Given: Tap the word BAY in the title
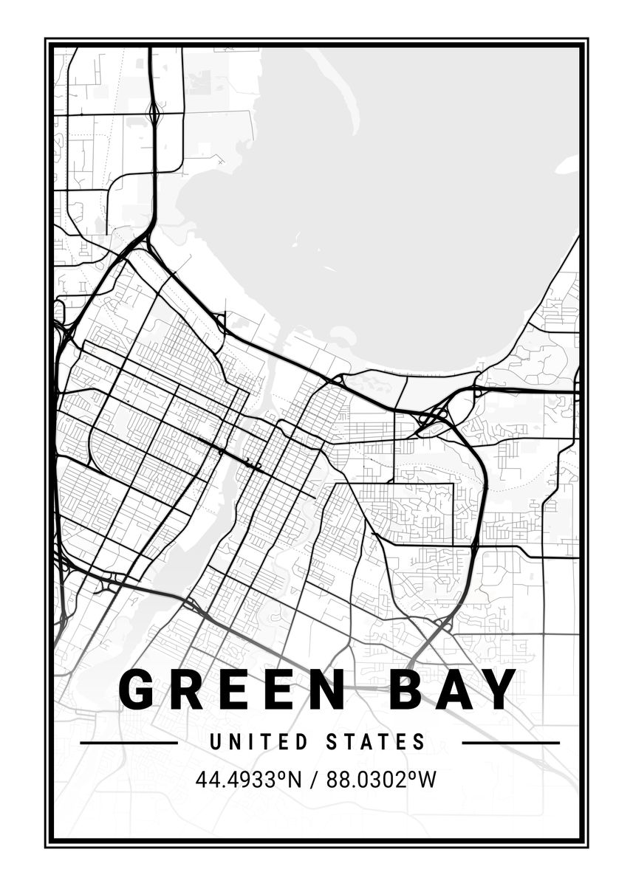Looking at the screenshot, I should pos(450,690).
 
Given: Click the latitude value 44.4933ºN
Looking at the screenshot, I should pos(250,780).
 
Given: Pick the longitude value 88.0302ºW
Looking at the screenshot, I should pos(377,780).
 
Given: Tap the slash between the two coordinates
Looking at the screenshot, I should pos(314,780).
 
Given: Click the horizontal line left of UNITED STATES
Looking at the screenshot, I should pos(129,743).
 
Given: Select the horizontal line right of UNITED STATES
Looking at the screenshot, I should pos(510,743).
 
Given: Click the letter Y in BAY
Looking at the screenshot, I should pos(500,690).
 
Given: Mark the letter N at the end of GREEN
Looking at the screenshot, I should pos(322,690).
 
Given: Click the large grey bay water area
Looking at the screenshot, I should pos(414,207).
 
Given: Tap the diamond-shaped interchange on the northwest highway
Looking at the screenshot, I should pos(154,114).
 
